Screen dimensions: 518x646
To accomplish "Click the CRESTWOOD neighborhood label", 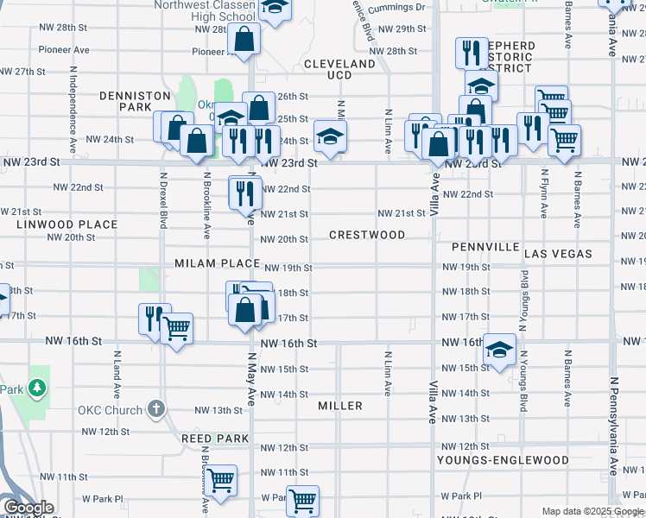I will tap(367, 235).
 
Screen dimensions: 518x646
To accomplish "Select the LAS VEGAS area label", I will tap(558, 254).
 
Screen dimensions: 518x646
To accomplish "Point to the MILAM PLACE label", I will tap(217, 262).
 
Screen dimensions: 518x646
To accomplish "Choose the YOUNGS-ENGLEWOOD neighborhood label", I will tap(502, 460).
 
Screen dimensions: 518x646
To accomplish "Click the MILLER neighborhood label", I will tap(339, 405).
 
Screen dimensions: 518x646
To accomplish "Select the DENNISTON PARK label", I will tap(125, 101).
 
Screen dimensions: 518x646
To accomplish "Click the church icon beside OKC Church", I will tap(155, 408).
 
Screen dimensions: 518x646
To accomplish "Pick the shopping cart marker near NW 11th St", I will tap(221, 479).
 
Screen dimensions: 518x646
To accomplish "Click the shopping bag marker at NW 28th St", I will tap(244, 38).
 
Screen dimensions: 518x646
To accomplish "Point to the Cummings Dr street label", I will tap(397, 7).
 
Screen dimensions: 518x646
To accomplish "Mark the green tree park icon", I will tap(37, 388).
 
